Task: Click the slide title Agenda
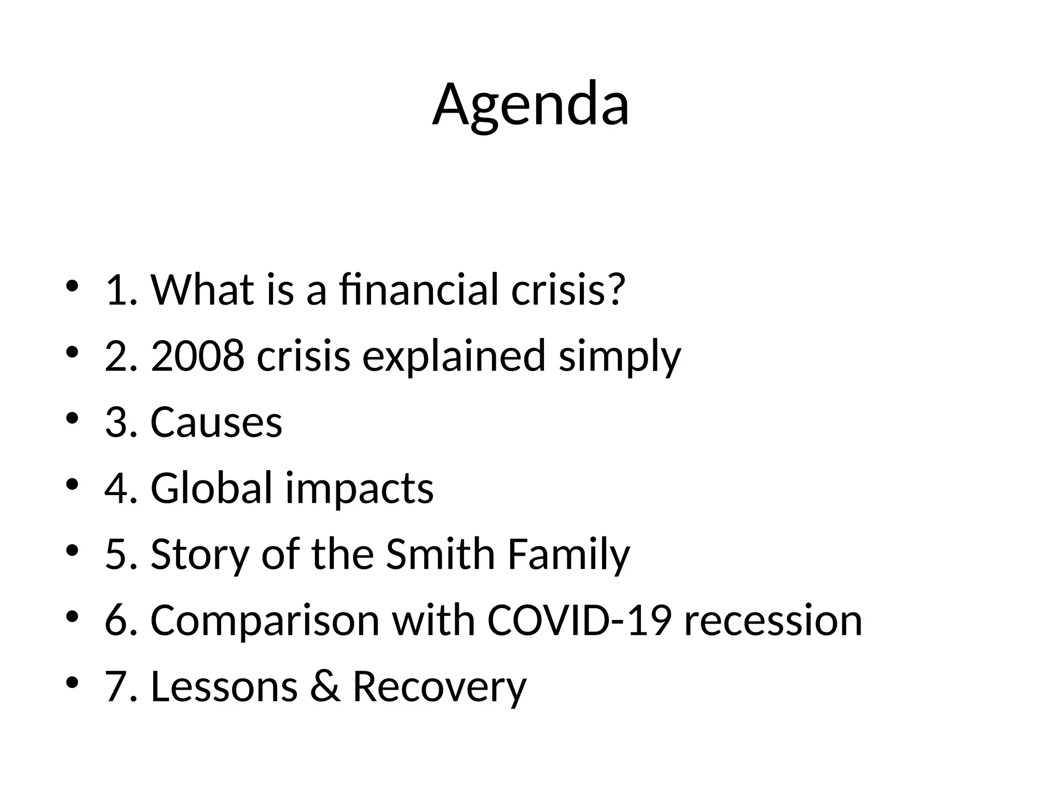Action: [x=530, y=105]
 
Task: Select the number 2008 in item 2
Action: [x=197, y=356]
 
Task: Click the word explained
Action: [x=454, y=356]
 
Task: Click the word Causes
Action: [x=216, y=422]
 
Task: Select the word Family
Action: [x=568, y=555]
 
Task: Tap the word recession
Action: [x=773, y=621]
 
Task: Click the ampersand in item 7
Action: [x=325, y=686]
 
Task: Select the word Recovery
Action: [x=439, y=687]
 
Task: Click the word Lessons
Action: [x=224, y=686]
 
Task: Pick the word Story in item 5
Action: [x=199, y=555]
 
